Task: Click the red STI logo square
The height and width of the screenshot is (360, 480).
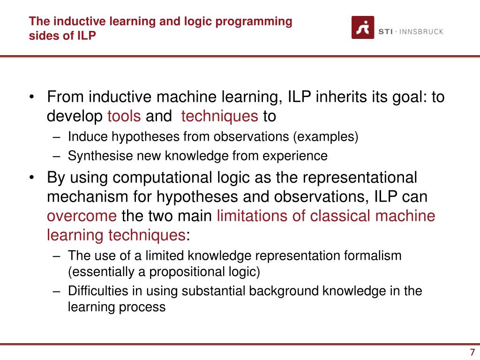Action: tap(363, 27)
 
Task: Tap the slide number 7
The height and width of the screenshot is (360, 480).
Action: tap(472, 353)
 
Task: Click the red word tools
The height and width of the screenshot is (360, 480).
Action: tap(124, 116)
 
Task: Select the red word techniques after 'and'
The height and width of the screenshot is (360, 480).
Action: tap(219, 116)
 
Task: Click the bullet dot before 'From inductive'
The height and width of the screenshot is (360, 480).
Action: tap(31, 97)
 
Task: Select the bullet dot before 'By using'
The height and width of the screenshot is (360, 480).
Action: tap(31, 178)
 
